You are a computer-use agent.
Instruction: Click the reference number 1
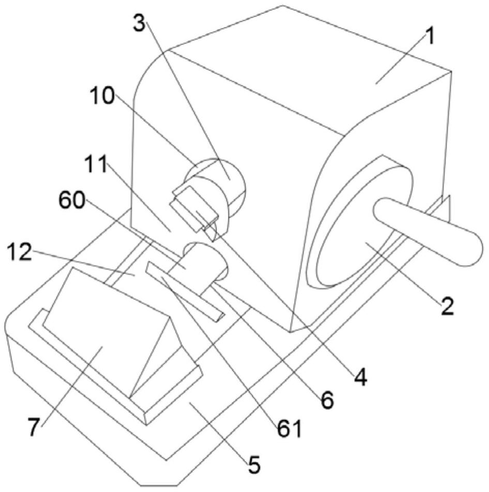430,36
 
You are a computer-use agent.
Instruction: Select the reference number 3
140,23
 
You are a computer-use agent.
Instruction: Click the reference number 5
254,465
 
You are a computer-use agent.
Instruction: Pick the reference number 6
328,400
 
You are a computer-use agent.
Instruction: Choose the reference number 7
34,427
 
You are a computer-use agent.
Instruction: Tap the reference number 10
102,95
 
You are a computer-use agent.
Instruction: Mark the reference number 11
96,164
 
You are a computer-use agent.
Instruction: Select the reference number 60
72,201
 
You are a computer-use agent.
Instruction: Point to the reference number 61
289,429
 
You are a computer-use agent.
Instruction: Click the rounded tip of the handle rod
473,248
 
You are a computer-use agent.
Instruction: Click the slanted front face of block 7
103,330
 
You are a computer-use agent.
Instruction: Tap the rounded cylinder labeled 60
204,262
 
